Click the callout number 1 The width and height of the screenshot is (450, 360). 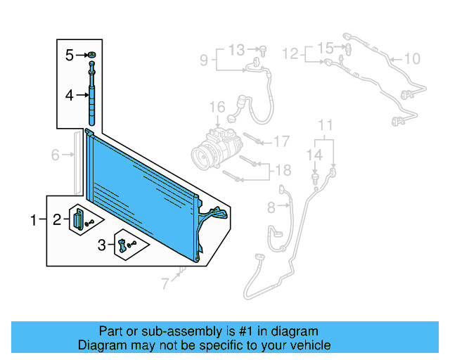pos(33,221)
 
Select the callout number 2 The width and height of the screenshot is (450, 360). pos(56,221)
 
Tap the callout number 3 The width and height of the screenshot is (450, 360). pos(102,245)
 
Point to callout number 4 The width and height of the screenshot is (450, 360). pos(70,94)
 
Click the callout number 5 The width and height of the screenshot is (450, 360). pos(70,55)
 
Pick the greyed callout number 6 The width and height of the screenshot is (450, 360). pos(55,155)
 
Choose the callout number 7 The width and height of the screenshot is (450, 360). pos(165,284)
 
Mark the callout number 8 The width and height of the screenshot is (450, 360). pos(271,206)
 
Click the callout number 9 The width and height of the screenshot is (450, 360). pos(203,60)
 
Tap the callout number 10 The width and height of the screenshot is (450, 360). pos(412,58)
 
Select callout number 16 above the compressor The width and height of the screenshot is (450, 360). pos(217,107)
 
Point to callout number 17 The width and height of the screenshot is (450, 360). pos(281,141)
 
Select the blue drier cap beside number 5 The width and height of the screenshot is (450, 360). pos(91,55)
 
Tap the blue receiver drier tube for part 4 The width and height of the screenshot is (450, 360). pos(91,95)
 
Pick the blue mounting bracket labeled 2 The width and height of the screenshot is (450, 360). pos(77,219)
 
